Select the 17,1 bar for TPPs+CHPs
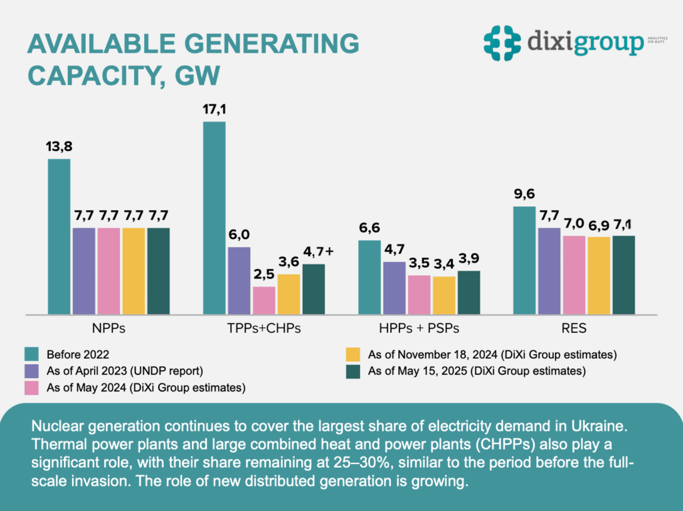coord(214,218)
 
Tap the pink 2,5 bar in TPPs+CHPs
coord(263,300)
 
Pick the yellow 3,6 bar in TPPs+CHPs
coord(288,294)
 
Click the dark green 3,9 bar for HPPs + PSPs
coord(468,292)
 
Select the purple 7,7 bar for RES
coord(548,271)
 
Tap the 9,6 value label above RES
coord(524,195)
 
